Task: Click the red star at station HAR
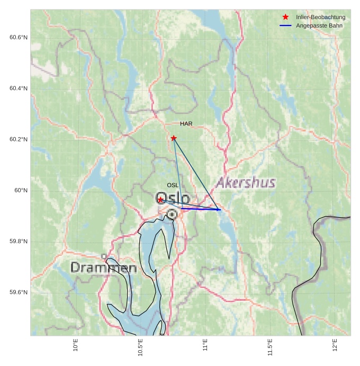click(x=174, y=138)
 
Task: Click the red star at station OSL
click(x=160, y=200)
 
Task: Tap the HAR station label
click(x=186, y=124)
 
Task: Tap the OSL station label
click(x=173, y=185)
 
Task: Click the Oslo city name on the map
click(x=173, y=198)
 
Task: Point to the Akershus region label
click(x=246, y=183)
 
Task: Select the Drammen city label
click(x=104, y=267)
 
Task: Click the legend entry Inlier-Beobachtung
click(x=320, y=17)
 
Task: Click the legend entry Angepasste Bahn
click(x=320, y=25)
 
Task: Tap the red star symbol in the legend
click(x=286, y=17)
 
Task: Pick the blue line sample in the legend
click(x=286, y=25)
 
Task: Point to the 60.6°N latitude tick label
click(x=19, y=37)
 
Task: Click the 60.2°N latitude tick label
click(x=19, y=139)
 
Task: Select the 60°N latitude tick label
click(x=21, y=191)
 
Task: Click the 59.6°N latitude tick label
click(x=19, y=292)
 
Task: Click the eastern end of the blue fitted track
click(x=219, y=210)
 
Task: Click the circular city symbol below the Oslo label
click(x=172, y=214)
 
